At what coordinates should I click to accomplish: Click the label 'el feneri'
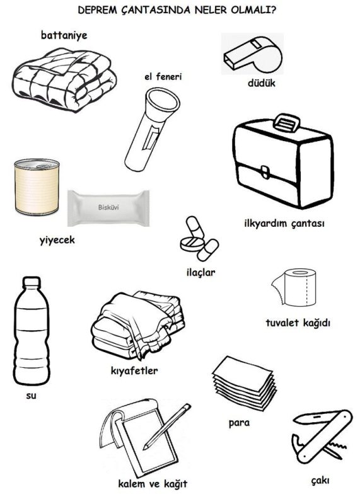coord(163,77)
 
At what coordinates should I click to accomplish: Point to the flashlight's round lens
coord(162,100)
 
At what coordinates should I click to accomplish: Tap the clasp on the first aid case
coord(265,172)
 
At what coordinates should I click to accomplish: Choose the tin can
coord(37,186)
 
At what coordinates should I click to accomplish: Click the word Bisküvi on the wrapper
coord(108,207)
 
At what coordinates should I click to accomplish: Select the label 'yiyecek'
coord(57,240)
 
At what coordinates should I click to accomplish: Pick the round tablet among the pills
coord(192,244)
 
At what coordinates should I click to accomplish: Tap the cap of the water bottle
coord(32,282)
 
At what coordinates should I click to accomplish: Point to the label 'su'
coord(31,396)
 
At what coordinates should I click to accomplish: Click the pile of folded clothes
coord(137,324)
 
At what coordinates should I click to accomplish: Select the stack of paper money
coord(245,383)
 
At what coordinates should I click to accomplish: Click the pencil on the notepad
coord(167,427)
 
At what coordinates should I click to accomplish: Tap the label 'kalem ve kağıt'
coord(153,484)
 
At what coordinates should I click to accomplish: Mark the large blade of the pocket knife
coord(314,418)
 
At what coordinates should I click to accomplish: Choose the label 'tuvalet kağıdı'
coord(298,323)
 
